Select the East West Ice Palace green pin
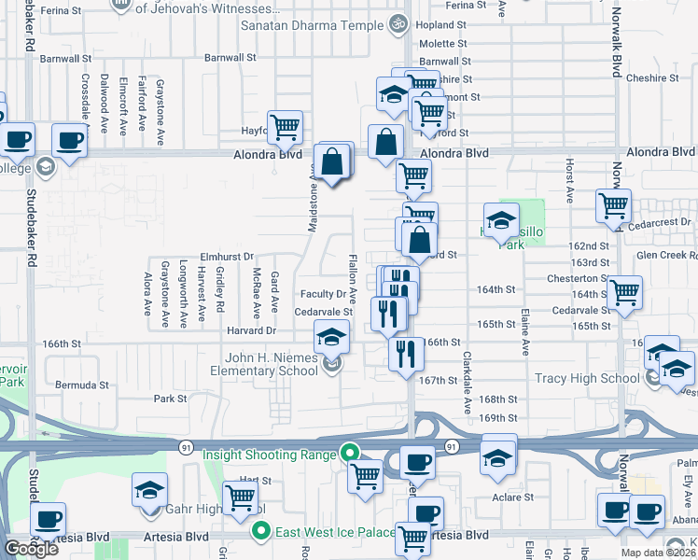click(x=262, y=533)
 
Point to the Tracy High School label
click(x=587, y=378)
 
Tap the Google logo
click(x=31, y=549)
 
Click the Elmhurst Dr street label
click(x=227, y=256)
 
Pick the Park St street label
click(x=170, y=399)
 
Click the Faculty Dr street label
click(x=323, y=294)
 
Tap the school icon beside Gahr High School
click(x=150, y=489)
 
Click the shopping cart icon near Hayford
click(x=285, y=126)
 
